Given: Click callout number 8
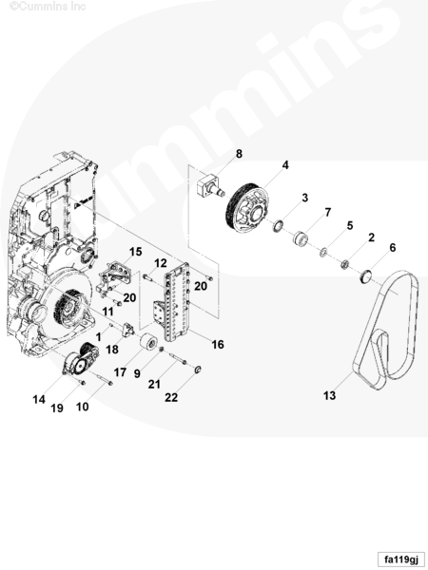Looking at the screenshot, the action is [239, 154].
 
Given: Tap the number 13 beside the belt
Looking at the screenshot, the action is [329, 395].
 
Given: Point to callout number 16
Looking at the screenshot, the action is [218, 344].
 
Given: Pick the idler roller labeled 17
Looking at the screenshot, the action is [148, 342].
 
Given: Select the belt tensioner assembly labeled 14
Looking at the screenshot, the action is [81, 359].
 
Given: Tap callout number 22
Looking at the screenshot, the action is [171, 397].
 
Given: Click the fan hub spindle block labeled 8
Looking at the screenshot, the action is [210, 185].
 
